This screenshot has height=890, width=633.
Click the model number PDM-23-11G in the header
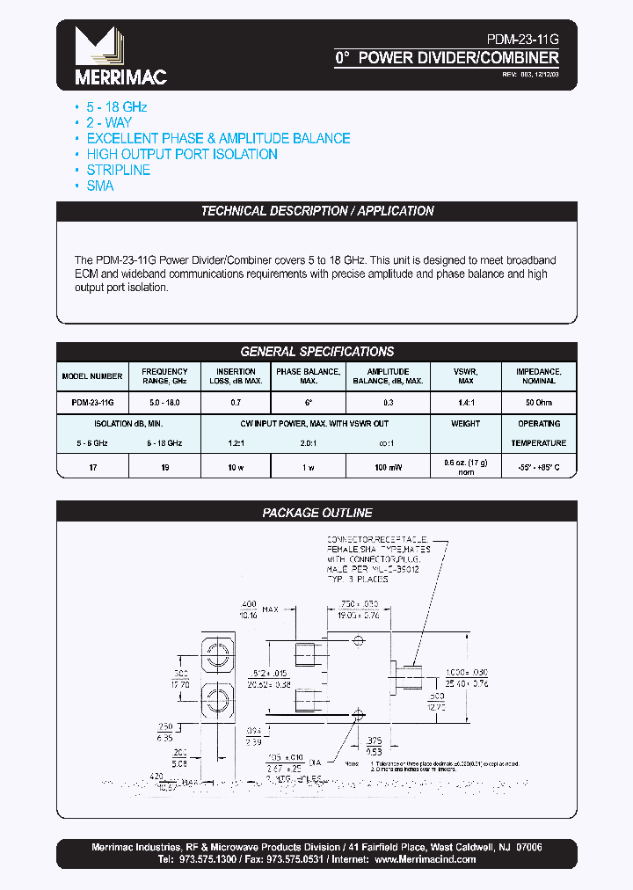pyautogui.click(x=522, y=40)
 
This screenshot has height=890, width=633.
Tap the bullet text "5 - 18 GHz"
pyautogui.click(x=116, y=106)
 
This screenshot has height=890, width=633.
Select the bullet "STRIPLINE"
pyautogui.click(x=118, y=170)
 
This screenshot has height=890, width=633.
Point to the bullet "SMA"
pyautogui.click(x=100, y=186)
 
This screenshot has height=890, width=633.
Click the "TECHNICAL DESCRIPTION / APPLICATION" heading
pyautogui.click(x=317, y=211)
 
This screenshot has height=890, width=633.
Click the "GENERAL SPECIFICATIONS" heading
pyautogui.click(x=317, y=351)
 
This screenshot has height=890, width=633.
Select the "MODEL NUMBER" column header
pyautogui.click(x=92, y=376)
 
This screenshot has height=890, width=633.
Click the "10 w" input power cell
pyautogui.click(x=236, y=468)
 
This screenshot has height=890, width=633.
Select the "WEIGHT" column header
pyautogui.click(x=465, y=423)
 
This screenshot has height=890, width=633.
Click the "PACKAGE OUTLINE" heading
pyautogui.click(x=317, y=513)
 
